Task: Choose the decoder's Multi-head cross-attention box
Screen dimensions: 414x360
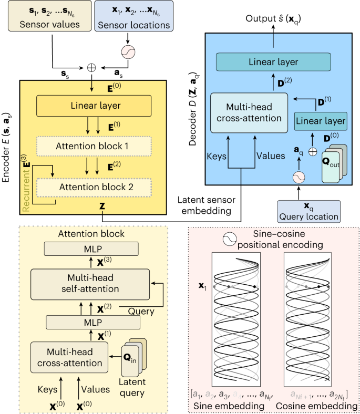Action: tap(250, 113)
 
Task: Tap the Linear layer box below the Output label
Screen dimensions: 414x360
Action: tap(273, 62)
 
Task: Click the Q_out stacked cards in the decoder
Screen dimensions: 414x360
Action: tap(334, 164)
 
